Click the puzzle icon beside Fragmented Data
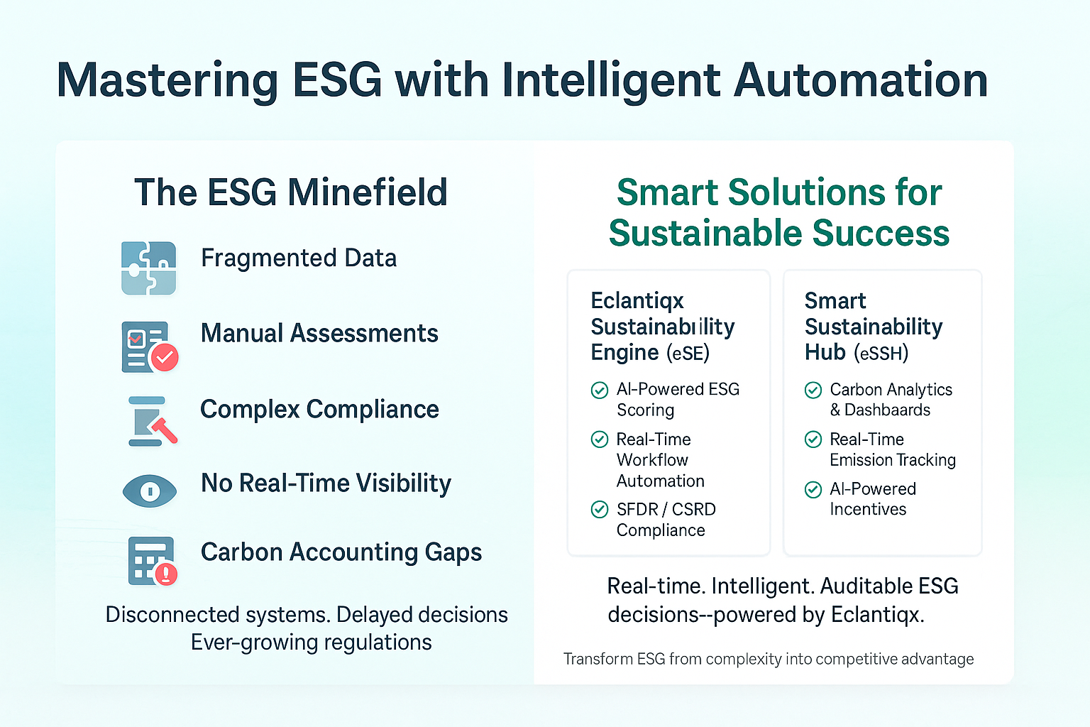(148, 268)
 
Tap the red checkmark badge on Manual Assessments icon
(165, 357)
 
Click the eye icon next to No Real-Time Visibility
(150, 491)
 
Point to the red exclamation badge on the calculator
(166, 574)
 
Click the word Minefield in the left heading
(368, 192)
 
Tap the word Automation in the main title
(861, 80)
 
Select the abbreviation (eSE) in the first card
(688, 353)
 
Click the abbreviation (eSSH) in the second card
(881, 353)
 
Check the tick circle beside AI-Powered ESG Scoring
(600, 390)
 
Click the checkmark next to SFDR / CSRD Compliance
(600, 509)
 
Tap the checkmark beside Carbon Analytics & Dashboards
(813, 390)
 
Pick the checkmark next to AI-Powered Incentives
(813, 489)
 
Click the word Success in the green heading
(881, 234)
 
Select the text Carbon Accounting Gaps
(341, 552)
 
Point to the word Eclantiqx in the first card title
(637, 301)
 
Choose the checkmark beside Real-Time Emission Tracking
(813, 439)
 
